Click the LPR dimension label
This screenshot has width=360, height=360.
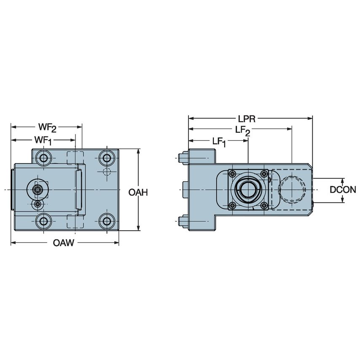tap(248, 118)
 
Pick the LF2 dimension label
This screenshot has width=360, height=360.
tap(242, 131)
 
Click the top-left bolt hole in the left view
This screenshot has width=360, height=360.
tap(43, 159)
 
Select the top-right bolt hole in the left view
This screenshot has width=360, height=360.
tap(106, 159)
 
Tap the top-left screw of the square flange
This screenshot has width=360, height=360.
tap(231, 173)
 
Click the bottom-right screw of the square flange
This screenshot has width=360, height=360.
tap(264, 206)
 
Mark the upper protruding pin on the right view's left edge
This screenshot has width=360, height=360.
tap(183, 158)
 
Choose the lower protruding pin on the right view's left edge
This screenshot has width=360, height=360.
tap(183, 220)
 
